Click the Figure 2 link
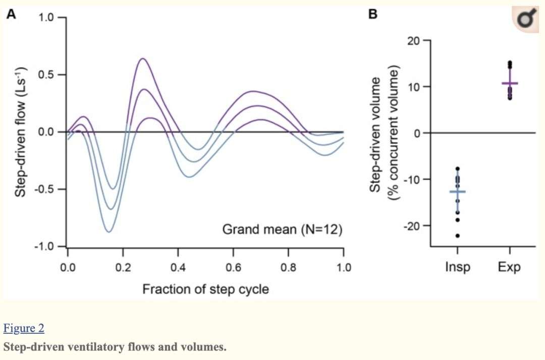coord(24,329)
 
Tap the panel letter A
coord(11,15)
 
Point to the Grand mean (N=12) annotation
coord(282,230)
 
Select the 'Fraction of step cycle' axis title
coord(205,289)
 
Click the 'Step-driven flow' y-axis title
coord(20,132)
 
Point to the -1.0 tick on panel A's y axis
coord(46,247)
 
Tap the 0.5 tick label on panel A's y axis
coord(48,75)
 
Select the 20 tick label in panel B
coord(414,41)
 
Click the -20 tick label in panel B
coord(412,225)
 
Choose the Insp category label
coord(457,267)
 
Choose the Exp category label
coord(509,267)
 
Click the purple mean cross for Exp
coord(510,83)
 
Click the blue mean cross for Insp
coord(458,192)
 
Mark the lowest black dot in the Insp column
coord(458,235)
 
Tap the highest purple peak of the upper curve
coord(142,58)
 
